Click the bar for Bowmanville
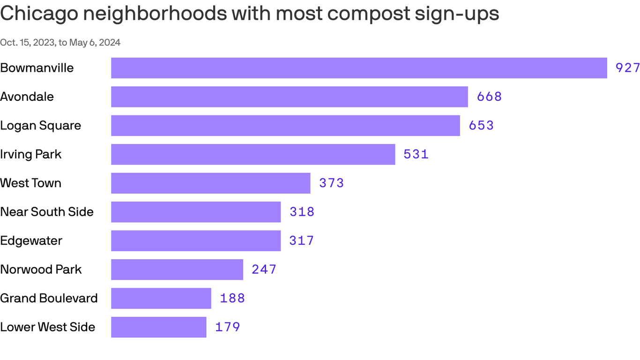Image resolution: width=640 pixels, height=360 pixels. (x=359, y=68)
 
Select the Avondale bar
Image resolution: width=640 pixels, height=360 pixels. (x=289, y=97)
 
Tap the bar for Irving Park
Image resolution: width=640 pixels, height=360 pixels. (x=253, y=154)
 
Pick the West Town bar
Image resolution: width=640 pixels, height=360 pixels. (x=210, y=183)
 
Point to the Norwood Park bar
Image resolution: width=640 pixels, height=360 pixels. (x=177, y=270)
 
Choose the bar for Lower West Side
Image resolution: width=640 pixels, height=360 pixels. (x=158, y=327)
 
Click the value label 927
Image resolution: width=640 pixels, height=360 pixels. (x=627, y=68)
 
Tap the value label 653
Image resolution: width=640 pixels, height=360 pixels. (x=481, y=126)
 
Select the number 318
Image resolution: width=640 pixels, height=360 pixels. (x=302, y=212)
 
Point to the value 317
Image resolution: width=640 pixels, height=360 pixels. (x=302, y=241)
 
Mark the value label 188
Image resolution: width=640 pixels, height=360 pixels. (x=232, y=299)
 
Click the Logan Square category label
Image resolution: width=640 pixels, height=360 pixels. (x=41, y=126)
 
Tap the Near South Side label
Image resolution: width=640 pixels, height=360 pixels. (x=47, y=212)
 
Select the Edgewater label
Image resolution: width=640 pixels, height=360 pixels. (x=31, y=241)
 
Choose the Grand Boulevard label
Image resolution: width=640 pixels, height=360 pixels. (x=49, y=299)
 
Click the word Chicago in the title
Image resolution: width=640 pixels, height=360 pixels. (x=39, y=14)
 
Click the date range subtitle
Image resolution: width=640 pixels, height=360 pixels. (x=60, y=43)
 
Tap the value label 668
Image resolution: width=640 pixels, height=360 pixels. (x=489, y=97)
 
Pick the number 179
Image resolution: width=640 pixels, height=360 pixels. (x=228, y=327)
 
